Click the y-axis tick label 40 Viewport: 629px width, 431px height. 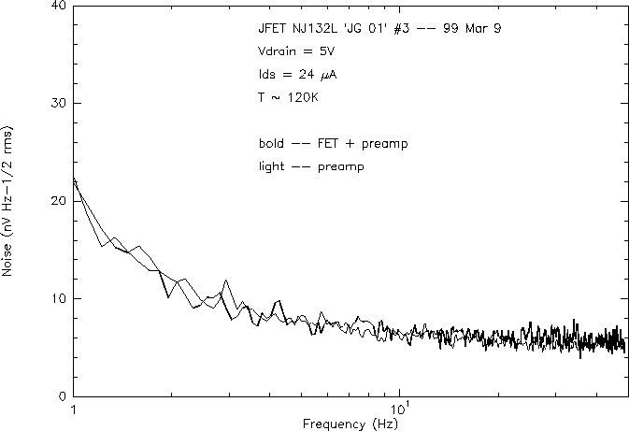click(57, 6)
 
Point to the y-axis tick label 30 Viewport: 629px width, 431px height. click(57, 103)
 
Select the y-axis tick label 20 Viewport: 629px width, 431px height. click(57, 201)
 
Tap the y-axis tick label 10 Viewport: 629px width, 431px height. click(57, 298)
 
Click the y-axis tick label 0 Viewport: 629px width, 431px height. click(61, 396)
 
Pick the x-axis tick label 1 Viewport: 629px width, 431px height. click(73, 409)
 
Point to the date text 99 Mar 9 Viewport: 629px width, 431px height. click(472, 29)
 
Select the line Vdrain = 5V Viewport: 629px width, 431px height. click(290, 52)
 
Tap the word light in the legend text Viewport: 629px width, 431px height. click(272, 166)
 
